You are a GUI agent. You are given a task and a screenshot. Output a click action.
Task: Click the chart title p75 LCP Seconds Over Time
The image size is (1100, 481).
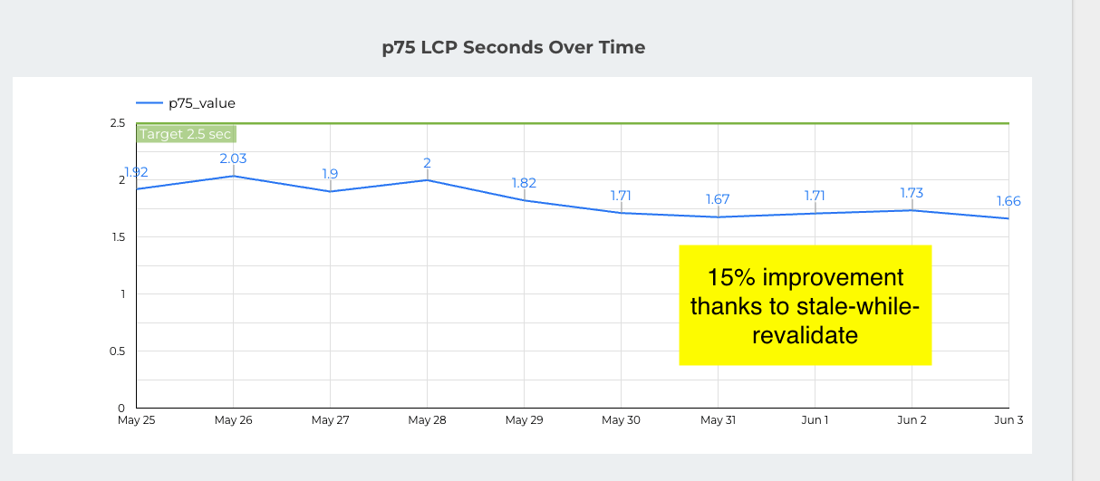[x=514, y=47]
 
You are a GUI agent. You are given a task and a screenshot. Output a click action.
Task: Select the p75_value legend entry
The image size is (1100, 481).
[x=201, y=103]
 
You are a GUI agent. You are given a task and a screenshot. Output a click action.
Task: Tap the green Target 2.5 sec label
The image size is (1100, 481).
[x=186, y=134]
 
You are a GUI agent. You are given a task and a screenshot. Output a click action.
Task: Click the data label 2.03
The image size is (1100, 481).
[x=233, y=159]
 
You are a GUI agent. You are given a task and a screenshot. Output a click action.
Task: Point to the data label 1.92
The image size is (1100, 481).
[x=136, y=172]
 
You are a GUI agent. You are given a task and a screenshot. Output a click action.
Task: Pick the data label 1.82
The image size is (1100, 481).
[x=524, y=183]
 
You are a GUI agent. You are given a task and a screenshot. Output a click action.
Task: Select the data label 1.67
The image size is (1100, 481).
[x=717, y=199]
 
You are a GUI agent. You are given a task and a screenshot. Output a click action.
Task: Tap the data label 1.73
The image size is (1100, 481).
[x=912, y=193]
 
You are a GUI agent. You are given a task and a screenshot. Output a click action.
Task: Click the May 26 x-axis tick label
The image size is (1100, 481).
[x=233, y=420]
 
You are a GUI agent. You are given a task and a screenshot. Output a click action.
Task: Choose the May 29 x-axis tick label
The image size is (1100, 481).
[x=524, y=420]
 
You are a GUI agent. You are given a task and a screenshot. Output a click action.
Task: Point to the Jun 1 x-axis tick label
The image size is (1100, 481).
[x=815, y=420]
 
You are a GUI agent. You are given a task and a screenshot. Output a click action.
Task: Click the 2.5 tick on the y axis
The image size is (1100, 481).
[x=117, y=123]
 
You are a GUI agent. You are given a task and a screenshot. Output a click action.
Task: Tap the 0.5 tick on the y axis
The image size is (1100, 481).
[x=117, y=351]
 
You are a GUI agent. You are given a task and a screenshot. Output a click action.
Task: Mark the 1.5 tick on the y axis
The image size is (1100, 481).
[x=117, y=237]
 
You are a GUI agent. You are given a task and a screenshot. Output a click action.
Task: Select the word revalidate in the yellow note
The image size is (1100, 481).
[x=805, y=335]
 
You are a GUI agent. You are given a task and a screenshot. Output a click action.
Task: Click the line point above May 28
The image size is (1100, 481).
[x=427, y=180]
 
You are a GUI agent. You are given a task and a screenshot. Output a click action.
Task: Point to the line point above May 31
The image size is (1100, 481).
[x=718, y=217]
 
